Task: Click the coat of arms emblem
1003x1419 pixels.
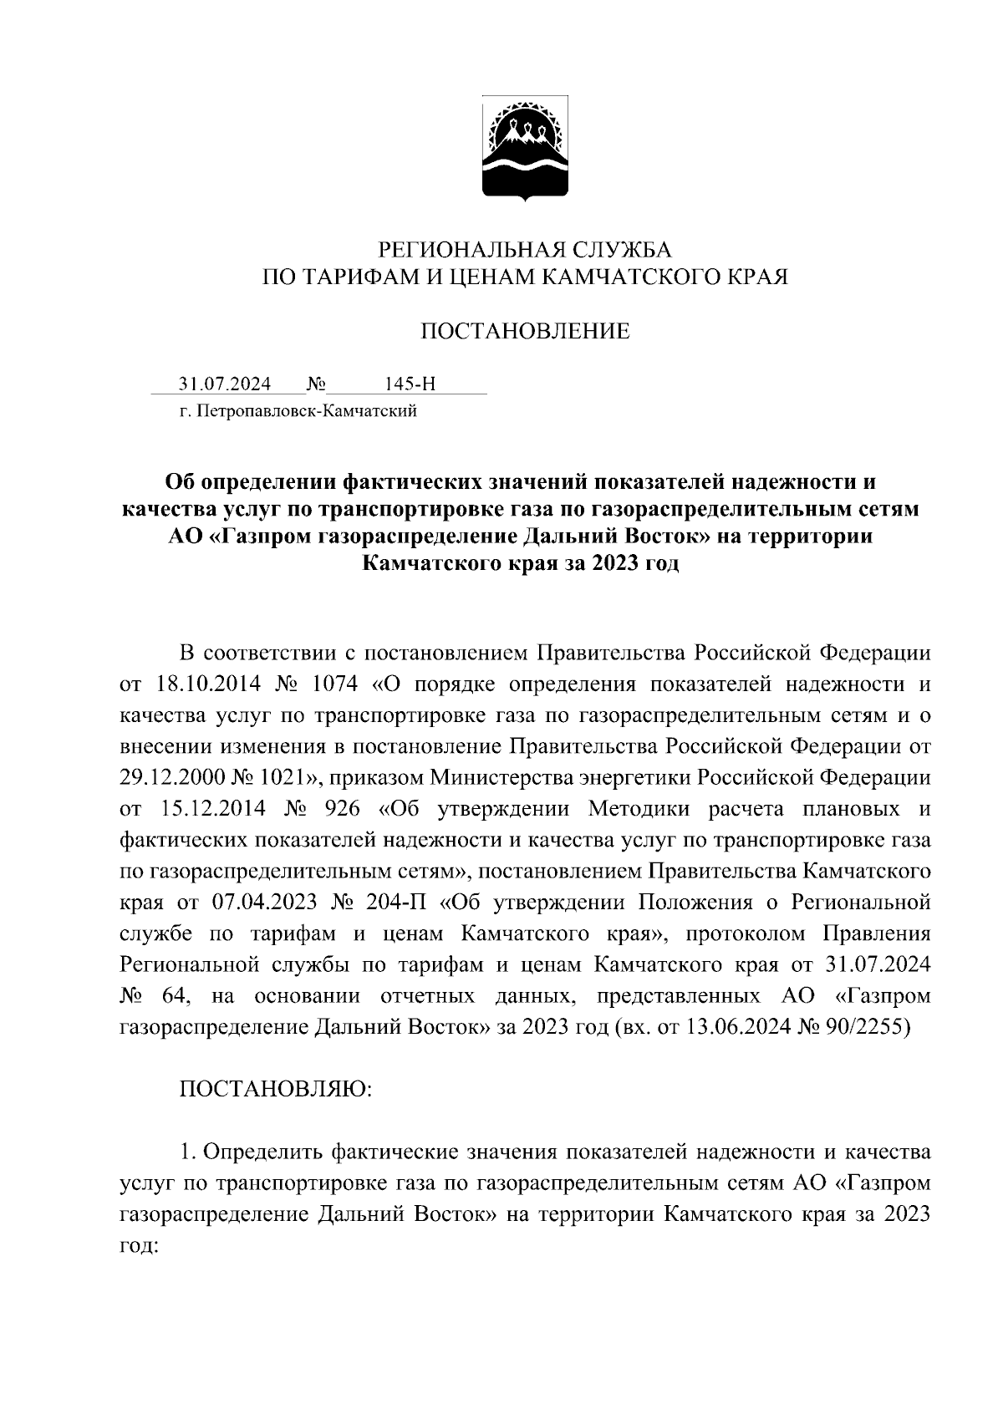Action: click(525, 150)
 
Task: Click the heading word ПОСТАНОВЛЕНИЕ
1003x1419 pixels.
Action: click(525, 332)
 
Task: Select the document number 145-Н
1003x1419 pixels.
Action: click(410, 384)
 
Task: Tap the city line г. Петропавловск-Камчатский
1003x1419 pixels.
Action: click(298, 411)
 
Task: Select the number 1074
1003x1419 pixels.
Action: click(333, 684)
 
